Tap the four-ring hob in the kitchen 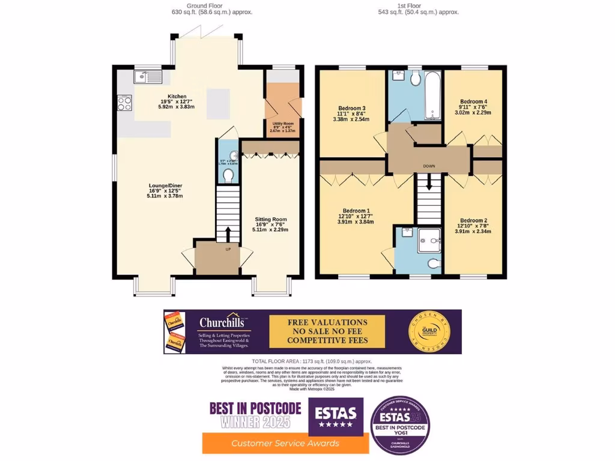pos(125,103)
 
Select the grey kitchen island pos(219,103)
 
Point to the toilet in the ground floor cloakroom pos(228,175)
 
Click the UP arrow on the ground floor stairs pos(228,234)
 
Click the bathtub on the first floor pos(432,95)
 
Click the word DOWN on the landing pos(428,166)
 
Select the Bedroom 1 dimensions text pos(356,219)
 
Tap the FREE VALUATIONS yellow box pos(327,331)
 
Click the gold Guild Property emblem pos(426,331)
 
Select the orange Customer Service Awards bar pos(285,443)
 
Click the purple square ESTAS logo pos(336,416)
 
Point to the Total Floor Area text pos(312,361)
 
